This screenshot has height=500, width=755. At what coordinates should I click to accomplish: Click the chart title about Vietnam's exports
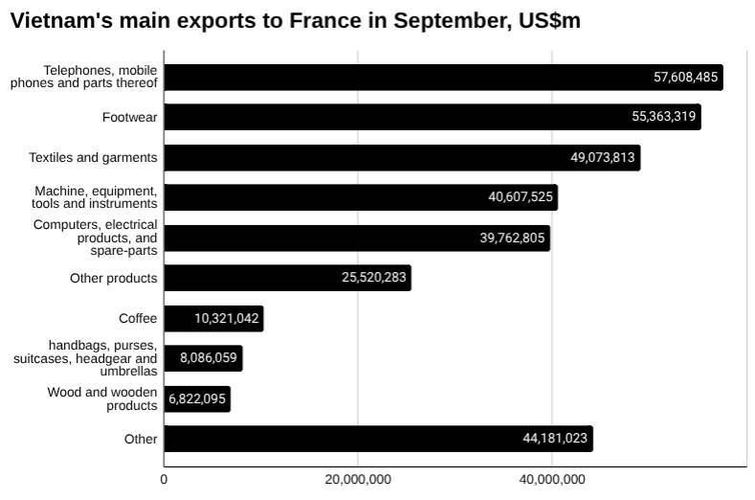[x=295, y=22]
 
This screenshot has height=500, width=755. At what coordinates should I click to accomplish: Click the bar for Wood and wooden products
[x=197, y=399]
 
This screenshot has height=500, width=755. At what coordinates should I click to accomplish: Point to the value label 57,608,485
[x=679, y=78]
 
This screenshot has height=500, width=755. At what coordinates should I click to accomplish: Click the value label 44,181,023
[x=549, y=440]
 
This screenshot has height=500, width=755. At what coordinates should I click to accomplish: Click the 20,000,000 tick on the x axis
[x=357, y=479]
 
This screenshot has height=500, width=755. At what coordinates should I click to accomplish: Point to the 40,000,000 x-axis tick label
[x=552, y=479]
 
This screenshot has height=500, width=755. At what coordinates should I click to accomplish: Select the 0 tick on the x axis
[x=164, y=479]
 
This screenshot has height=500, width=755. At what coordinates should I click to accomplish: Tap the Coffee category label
[x=138, y=319]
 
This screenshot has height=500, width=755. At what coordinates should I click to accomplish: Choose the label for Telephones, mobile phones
[x=84, y=77]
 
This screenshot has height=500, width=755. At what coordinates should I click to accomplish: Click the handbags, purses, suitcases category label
[x=86, y=358]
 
